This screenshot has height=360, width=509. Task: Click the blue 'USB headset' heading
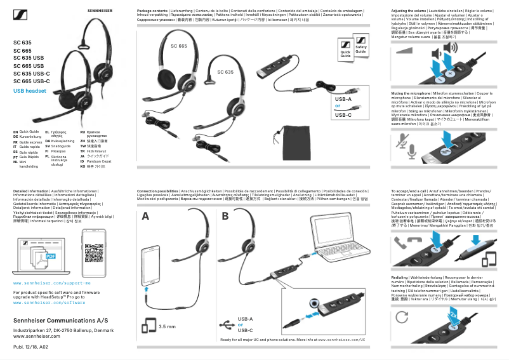click(30, 91)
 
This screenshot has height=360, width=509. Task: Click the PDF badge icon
click(51, 256)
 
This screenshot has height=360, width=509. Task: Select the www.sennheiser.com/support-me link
click(52, 282)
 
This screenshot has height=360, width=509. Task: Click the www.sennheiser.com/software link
click(49, 303)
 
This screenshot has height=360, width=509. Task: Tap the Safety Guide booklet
click(360, 50)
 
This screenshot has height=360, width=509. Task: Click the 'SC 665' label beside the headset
click(179, 46)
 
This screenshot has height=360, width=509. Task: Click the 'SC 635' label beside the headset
click(225, 72)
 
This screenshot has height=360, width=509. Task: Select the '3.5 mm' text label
click(167, 326)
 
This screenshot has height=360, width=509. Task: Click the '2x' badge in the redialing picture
click(453, 314)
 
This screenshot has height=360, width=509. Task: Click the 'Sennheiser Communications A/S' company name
click(55, 321)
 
